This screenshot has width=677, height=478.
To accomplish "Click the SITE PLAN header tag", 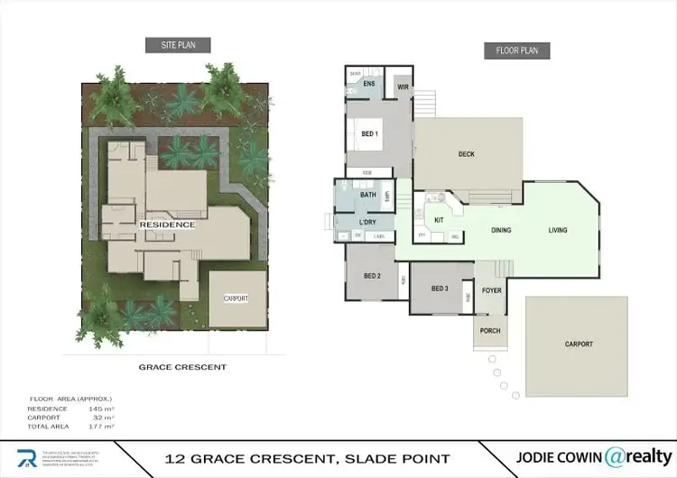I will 178,44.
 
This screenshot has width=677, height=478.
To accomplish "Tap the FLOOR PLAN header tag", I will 517,51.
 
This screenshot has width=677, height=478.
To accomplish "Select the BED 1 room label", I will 370,133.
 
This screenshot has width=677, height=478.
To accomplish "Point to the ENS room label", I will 369,84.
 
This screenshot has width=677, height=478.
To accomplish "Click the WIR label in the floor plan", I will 403,87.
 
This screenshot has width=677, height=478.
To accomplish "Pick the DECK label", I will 466,154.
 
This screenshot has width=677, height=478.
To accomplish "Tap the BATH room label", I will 368,195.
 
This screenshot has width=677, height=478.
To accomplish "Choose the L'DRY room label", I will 367,222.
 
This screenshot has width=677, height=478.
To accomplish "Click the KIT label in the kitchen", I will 439,220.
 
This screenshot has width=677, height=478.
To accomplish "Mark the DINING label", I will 501,230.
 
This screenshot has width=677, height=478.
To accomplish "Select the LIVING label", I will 558,230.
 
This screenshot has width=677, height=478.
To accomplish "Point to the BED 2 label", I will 372,275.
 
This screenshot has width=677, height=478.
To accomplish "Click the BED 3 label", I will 440,289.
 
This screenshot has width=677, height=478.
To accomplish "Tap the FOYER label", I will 491,290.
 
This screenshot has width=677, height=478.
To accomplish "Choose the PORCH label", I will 490,331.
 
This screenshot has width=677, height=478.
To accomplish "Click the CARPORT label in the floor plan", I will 579,344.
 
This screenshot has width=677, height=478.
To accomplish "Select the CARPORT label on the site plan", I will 236,299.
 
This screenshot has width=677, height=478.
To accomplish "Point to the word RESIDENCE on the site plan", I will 167,224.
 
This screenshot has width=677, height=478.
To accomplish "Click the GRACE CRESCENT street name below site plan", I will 182,367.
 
